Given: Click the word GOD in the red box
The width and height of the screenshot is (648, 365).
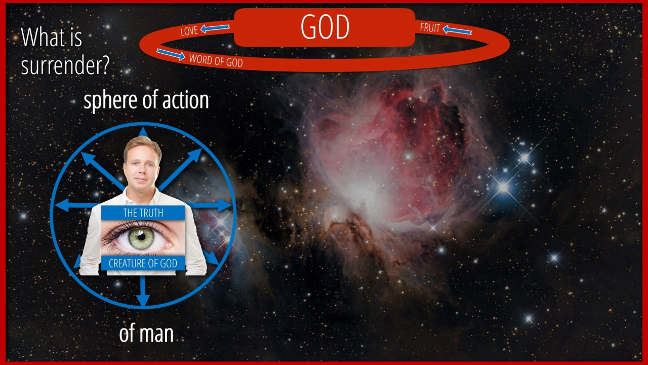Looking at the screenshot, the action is pos(325,27).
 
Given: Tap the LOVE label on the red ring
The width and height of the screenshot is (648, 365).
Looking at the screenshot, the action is pos(189,31).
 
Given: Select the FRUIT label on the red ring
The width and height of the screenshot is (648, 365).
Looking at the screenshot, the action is pos(430,28).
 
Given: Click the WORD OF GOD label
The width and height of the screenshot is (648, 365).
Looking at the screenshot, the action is pos(216,60).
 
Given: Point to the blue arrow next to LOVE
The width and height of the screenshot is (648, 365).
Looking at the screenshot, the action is pos(215,28).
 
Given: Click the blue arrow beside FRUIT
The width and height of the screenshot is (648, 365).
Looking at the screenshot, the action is pos(457,30).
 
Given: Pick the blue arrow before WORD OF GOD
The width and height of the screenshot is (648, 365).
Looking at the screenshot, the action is pos(171,54).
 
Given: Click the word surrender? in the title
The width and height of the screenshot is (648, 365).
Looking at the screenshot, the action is pos(65,66).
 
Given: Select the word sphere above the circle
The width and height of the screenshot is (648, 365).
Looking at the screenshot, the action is pos(111,100).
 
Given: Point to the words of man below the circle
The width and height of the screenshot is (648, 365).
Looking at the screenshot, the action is pos(146,334).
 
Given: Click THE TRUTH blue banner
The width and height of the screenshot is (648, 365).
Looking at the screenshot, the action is pos(143,213).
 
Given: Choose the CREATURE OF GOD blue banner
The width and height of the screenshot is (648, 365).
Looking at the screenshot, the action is pos(143,263).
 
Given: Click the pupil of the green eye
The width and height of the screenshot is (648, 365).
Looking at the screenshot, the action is pos(141,237).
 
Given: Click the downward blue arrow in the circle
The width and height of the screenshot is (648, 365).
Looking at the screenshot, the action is pos(143,291).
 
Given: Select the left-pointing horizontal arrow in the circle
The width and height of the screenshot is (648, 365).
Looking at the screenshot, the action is pos(76,205).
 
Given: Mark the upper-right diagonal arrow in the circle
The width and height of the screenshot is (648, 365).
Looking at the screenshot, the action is pos(180,170).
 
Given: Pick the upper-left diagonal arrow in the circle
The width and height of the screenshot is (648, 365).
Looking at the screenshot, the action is pos(103,171).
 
